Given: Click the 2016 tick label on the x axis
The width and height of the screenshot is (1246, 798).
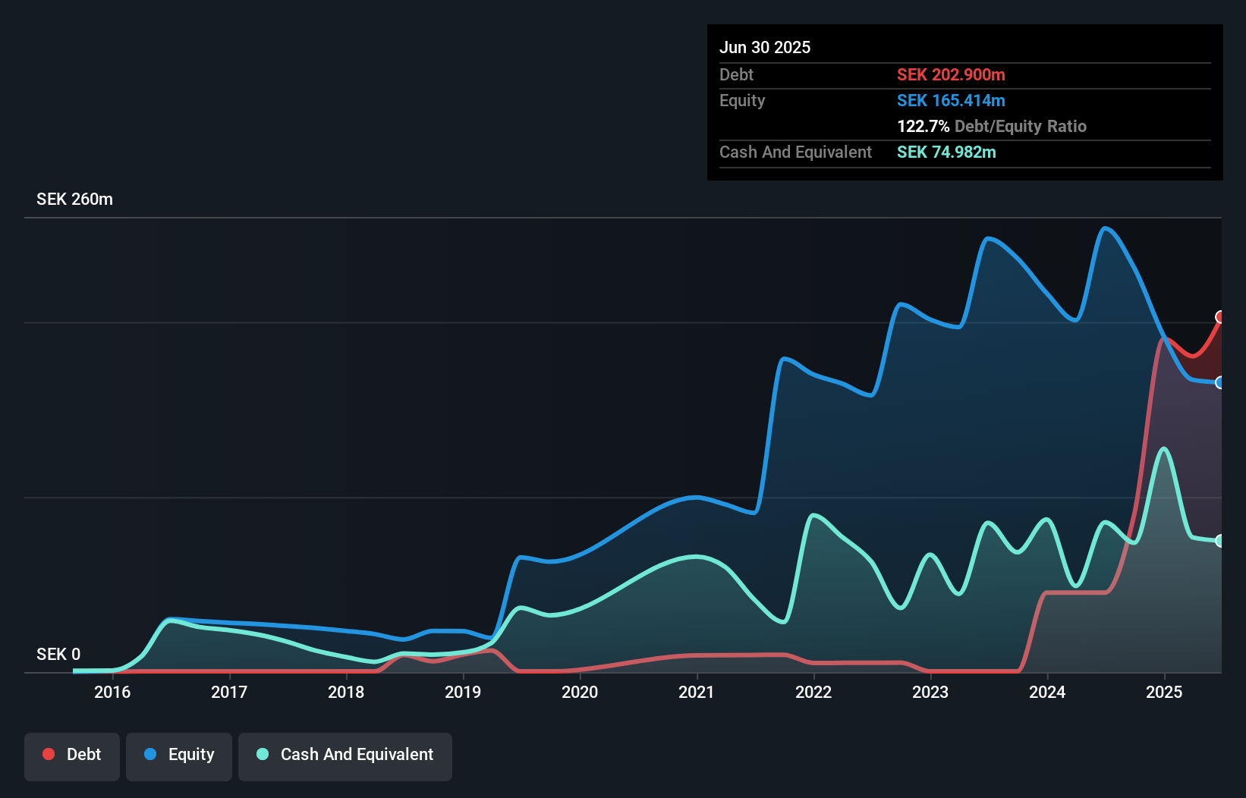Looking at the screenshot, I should point(112,692).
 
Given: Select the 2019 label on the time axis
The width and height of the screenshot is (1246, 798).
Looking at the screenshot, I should point(463,692).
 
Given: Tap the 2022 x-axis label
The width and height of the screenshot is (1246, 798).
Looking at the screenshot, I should point(813,692).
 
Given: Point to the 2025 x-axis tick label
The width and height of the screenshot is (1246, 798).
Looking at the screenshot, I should point(1164,692).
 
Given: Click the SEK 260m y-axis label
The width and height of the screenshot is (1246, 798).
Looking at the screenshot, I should point(74,199).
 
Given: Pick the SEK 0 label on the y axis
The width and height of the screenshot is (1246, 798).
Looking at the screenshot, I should point(58,654).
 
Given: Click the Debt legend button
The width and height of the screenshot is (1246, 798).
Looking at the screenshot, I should point(72,755).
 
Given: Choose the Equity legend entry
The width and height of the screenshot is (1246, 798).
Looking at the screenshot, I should point(179,755).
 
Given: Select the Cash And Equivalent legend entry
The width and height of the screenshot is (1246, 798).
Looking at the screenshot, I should point(345,755).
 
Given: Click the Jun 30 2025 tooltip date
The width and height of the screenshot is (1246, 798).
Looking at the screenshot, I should point(765,47).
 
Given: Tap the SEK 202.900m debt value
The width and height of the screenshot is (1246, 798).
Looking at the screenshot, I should point(951,74).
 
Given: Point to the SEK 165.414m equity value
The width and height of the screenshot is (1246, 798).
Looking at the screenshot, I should point(951,100).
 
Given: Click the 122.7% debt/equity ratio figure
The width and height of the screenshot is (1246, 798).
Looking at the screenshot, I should point(923,126).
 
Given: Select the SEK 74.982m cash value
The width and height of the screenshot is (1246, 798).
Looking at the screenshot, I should point(946,152).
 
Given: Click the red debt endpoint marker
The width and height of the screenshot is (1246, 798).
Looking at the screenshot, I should point(1220,317).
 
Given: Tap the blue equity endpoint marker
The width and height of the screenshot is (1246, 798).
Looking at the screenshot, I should point(1220,382).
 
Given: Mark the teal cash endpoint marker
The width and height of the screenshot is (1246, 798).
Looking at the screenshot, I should point(1220,541).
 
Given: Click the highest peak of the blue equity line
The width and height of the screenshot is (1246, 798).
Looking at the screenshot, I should point(1105,228).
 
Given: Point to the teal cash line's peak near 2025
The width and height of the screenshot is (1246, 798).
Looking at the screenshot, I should point(1163,448).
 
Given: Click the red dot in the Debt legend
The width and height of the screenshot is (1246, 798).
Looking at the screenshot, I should point(49,754).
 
